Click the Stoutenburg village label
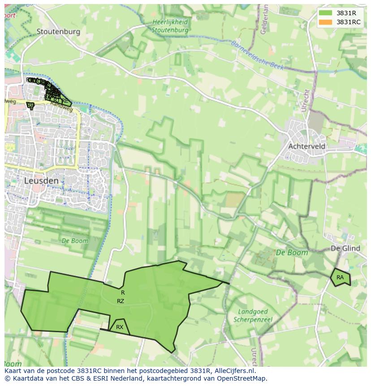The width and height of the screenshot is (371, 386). pyautogui.click(x=58, y=31)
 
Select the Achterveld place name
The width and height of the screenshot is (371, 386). pyautogui.click(x=307, y=147)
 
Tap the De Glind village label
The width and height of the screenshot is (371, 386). pyautogui.click(x=345, y=248)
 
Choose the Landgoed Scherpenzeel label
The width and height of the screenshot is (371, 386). pyautogui.click(x=253, y=316)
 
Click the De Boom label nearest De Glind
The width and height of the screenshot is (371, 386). pyautogui.click(x=292, y=253)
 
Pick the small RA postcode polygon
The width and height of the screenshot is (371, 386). pyautogui.click(x=341, y=278)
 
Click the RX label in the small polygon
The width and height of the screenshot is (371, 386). pyautogui.click(x=120, y=327)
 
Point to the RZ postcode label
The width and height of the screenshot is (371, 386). pyautogui.click(x=121, y=301)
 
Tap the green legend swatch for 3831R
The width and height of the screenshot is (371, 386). pyautogui.click(x=326, y=13)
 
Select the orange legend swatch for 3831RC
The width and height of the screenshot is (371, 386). pyautogui.click(x=326, y=22)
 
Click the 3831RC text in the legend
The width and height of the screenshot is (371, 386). pyautogui.click(x=349, y=22)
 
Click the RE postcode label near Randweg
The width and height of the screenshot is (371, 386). pyautogui.click(x=65, y=101)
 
